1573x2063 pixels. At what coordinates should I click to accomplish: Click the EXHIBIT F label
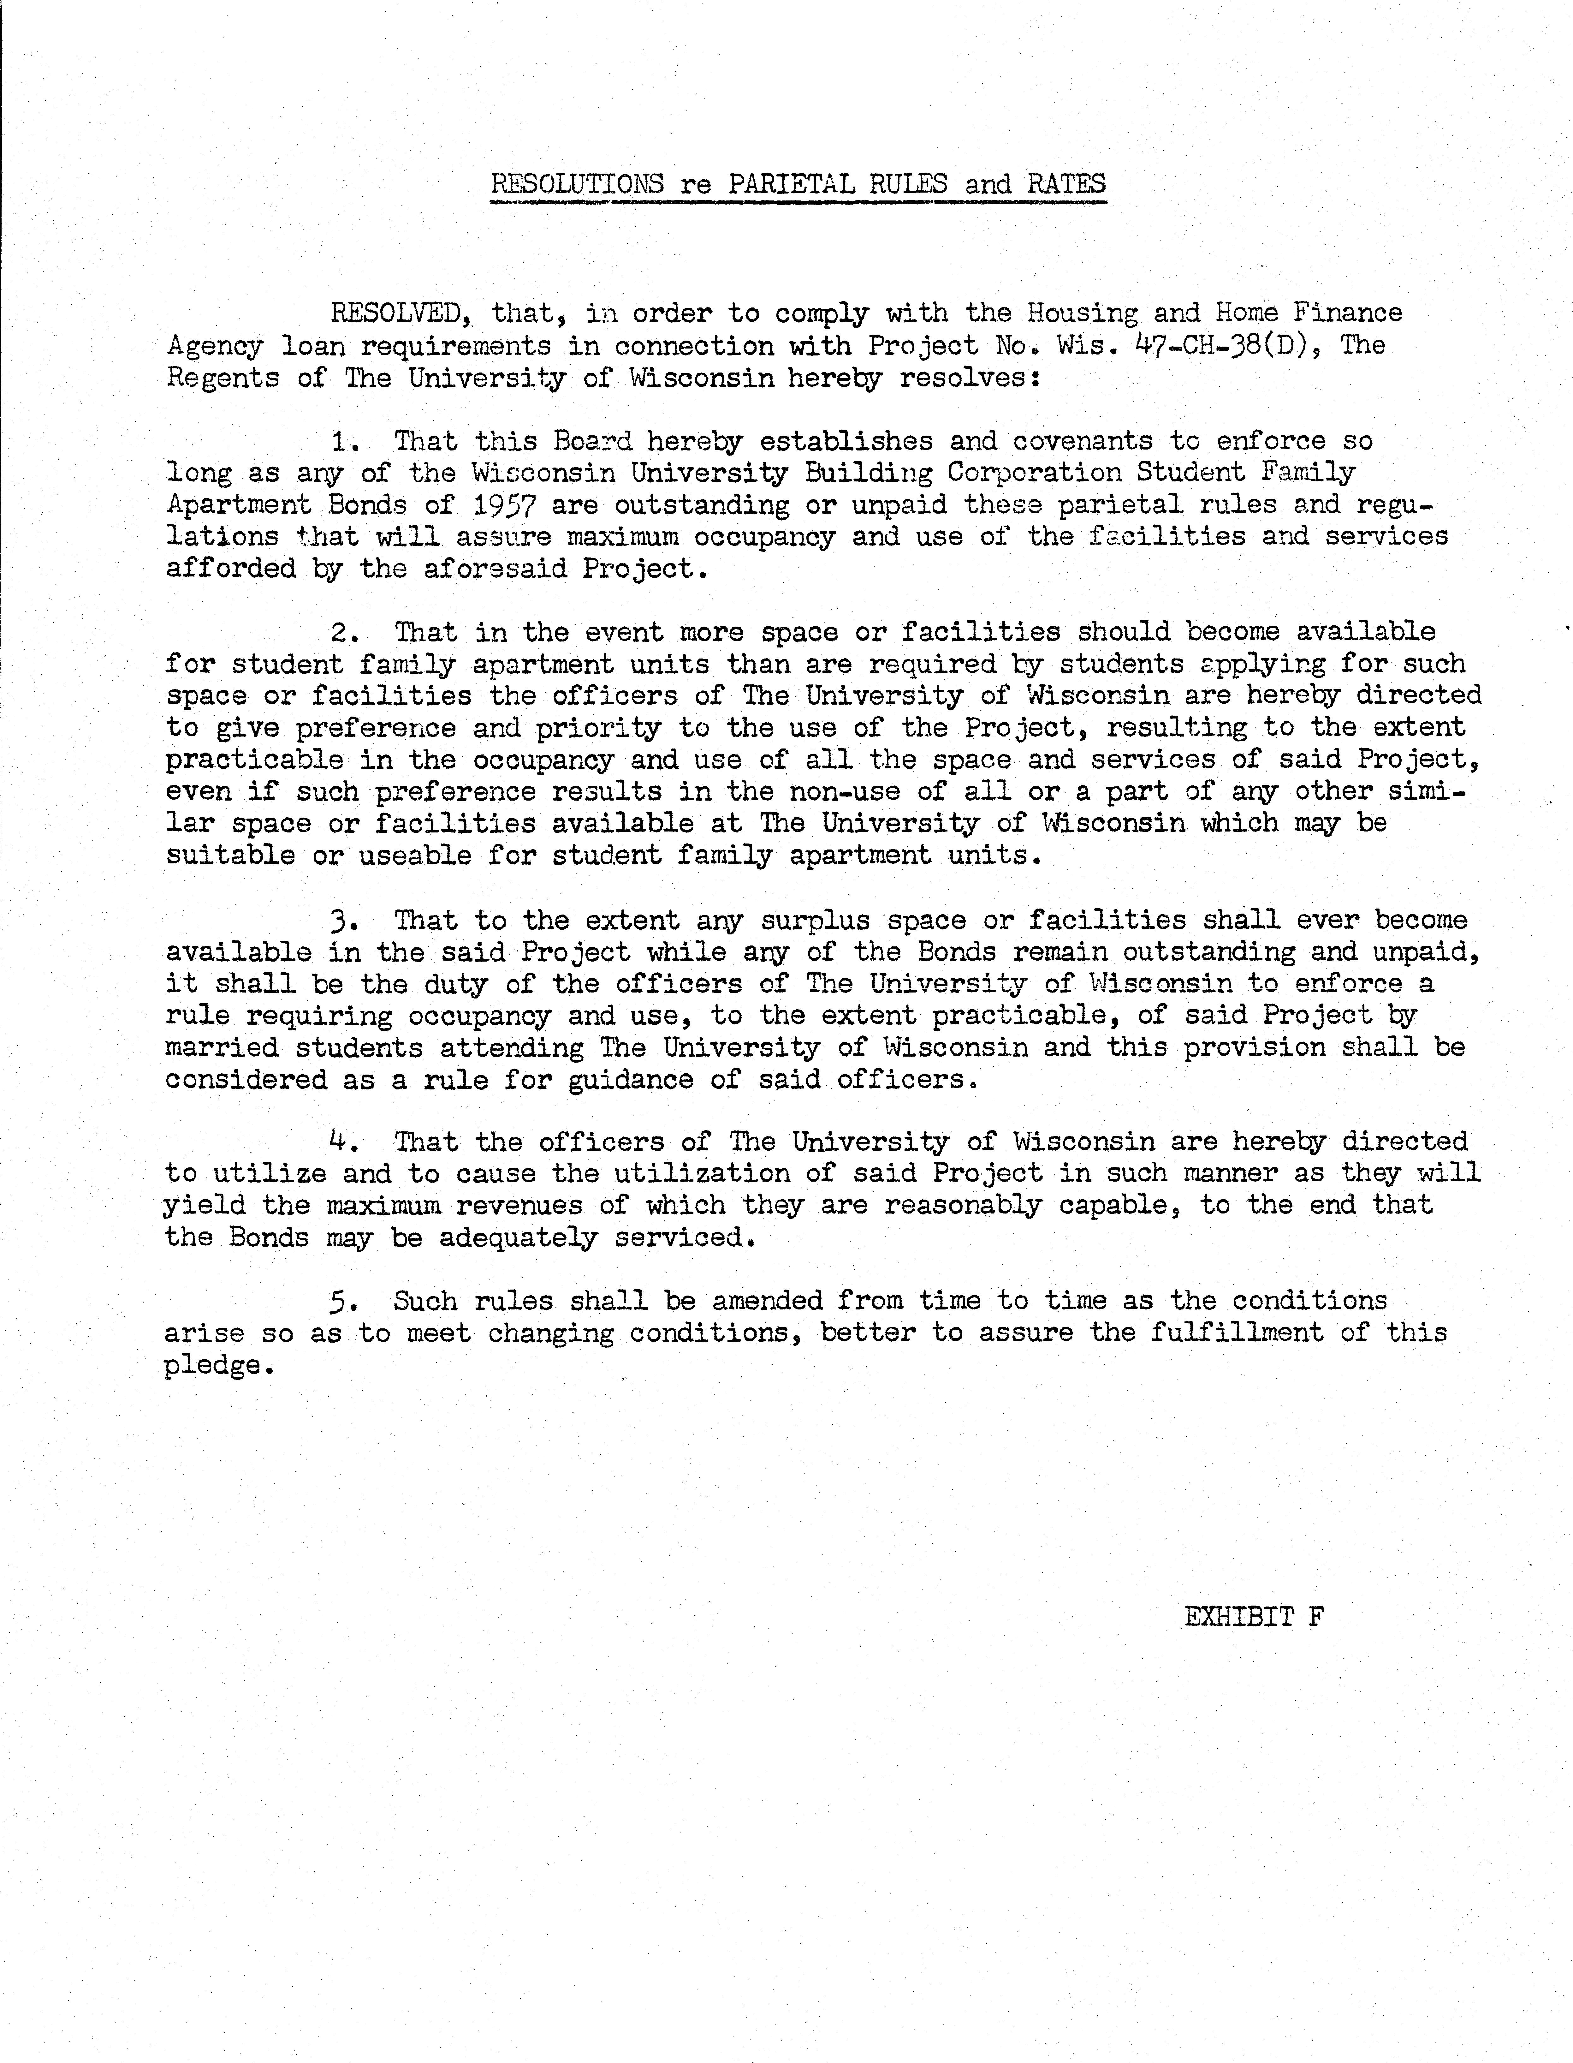pos(1254,1617)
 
